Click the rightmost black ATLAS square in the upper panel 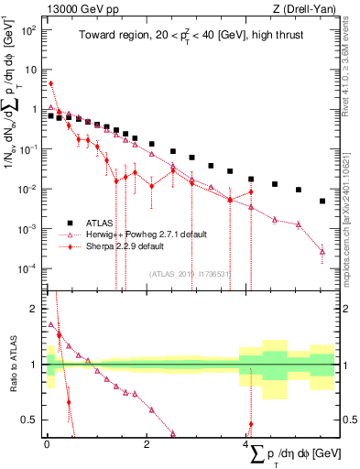pos(322,201)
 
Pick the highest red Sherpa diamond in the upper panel pos(50,83)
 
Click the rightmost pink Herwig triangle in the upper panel pos(322,251)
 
